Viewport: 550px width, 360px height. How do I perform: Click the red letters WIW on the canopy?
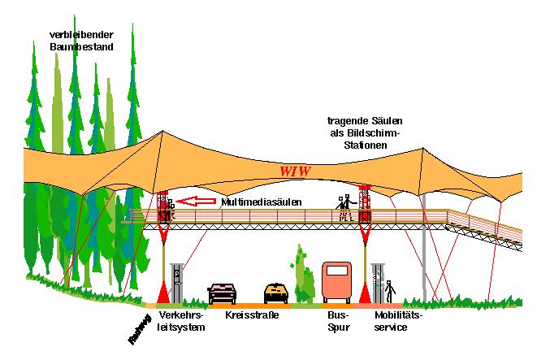[x=296, y=171]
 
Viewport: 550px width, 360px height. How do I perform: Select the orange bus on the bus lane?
[x=336, y=281]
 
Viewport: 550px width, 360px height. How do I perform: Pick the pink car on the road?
[x=222, y=292]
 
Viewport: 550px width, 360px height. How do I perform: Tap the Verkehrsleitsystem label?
[x=181, y=320]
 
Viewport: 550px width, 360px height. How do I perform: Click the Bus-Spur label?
[x=337, y=320]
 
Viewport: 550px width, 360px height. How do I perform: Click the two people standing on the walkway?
[x=344, y=206]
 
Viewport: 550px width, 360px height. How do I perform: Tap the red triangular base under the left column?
[x=163, y=292]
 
